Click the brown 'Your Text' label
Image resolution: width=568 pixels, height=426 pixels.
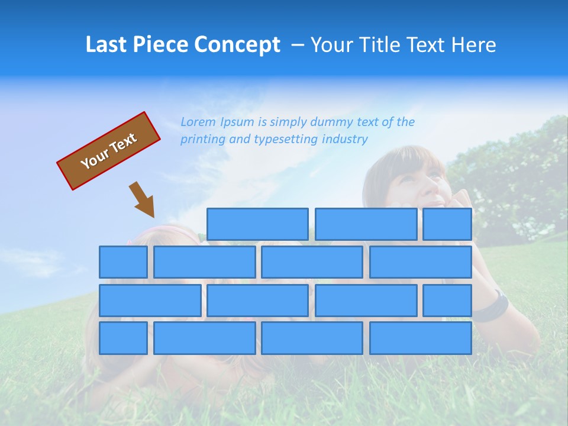click(x=108, y=151)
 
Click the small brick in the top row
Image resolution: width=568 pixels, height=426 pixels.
click(x=447, y=224)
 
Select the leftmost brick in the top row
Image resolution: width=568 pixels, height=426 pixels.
click(x=257, y=224)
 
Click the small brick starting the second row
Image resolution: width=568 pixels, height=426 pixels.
click(x=123, y=262)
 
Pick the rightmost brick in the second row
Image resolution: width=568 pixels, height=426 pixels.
click(x=421, y=262)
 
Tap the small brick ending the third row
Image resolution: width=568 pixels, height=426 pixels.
click(x=447, y=300)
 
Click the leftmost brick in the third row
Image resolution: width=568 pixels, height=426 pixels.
click(x=150, y=300)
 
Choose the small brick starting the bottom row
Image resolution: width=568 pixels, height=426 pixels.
click(x=123, y=338)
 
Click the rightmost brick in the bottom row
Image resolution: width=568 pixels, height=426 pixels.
click(x=421, y=338)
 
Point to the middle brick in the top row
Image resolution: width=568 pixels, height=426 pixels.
click(x=366, y=224)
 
